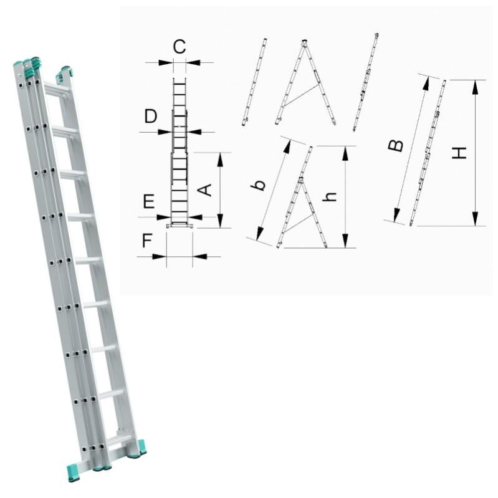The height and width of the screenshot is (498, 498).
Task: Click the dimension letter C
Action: (x=180, y=47)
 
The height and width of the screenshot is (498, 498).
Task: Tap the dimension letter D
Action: (x=151, y=116)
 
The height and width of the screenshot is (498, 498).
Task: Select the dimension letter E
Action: (x=148, y=201)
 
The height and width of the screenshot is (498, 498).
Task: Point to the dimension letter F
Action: (x=146, y=241)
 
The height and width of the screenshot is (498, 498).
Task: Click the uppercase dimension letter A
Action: (x=205, y=189)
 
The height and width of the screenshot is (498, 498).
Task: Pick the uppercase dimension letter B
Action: (x=396, y=146)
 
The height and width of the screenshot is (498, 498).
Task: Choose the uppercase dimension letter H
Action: (x=459, y=153)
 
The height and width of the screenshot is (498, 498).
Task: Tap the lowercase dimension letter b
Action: (x=259, y=185)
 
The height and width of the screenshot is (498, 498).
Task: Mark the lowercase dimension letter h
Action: (x=329, y=197)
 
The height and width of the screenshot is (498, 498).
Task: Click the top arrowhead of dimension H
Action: (x=475, y=87)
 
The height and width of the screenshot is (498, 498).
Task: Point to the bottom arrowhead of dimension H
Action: (x=475, y=219)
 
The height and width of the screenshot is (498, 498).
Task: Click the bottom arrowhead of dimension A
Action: (x=220, y=221)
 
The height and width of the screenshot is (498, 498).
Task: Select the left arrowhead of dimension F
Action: (x=160, y=257)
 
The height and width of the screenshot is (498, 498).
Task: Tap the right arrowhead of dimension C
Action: (x=193, y=62)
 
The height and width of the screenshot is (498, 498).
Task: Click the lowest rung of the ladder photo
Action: (x=120, y=441)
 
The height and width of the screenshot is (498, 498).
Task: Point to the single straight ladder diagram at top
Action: (x=254, y=82)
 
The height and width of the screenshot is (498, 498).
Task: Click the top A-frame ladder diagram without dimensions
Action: (x=305, y=82)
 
